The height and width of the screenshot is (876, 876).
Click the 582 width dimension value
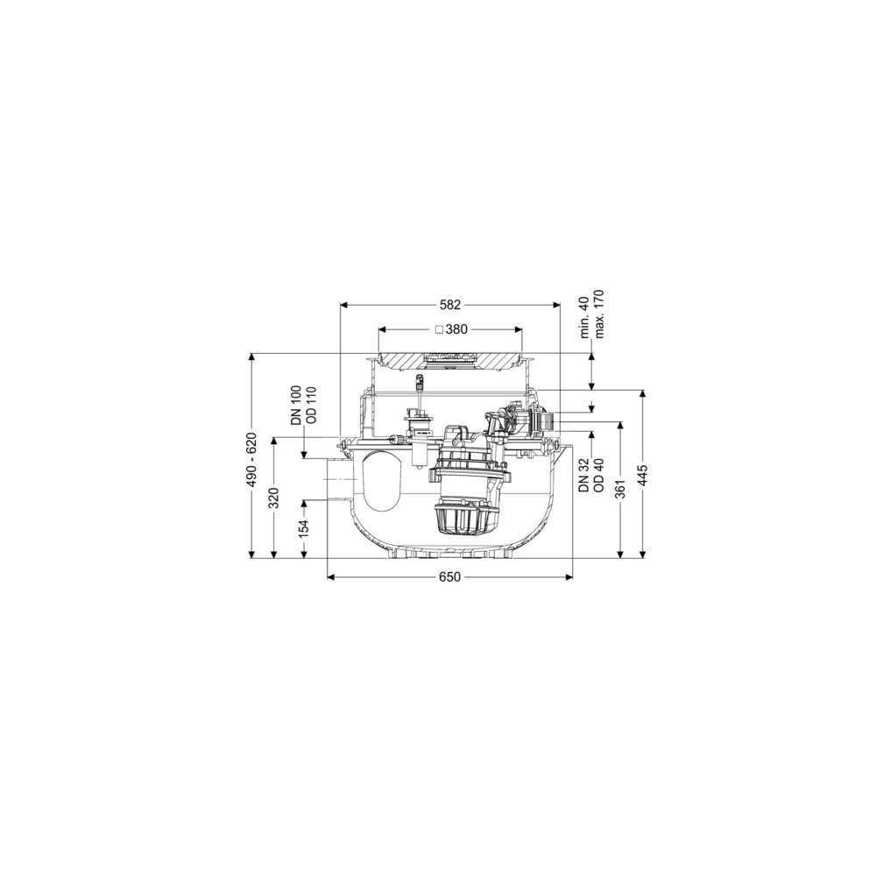point(449,305)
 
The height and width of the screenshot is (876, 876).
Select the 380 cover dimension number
point(456,329)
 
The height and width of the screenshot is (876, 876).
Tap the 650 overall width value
point(449,576)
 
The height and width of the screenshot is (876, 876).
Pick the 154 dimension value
point(303,529)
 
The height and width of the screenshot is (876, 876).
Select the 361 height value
point(620,490)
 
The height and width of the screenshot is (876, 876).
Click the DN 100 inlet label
point(296,406)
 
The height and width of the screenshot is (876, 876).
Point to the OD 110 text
point(311,406)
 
